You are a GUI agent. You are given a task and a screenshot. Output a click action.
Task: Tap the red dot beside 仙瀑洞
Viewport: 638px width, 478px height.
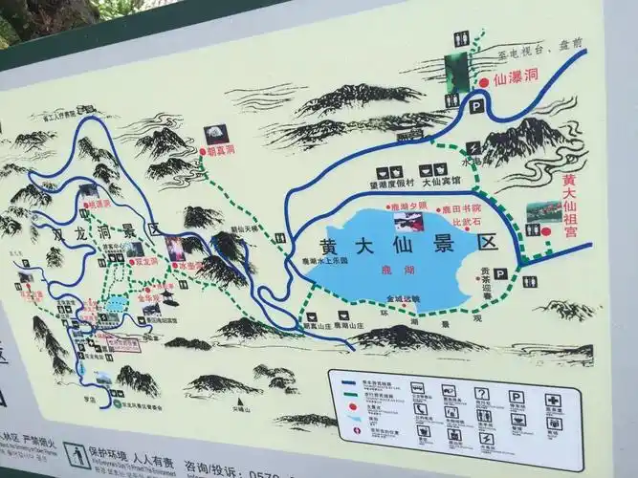tap(484, 83)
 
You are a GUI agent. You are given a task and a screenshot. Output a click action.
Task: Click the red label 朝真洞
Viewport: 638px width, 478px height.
tap(222, 151)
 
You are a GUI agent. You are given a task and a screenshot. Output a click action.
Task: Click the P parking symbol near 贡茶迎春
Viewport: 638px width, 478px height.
tap(499, 273)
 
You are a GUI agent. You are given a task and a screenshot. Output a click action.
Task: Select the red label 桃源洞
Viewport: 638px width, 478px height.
tap(99, 203)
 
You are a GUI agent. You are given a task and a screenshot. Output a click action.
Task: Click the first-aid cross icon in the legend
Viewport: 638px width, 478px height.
tap(553, 401)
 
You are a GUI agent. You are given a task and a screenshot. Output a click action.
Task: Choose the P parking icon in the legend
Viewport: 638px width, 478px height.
tap(517, 396)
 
